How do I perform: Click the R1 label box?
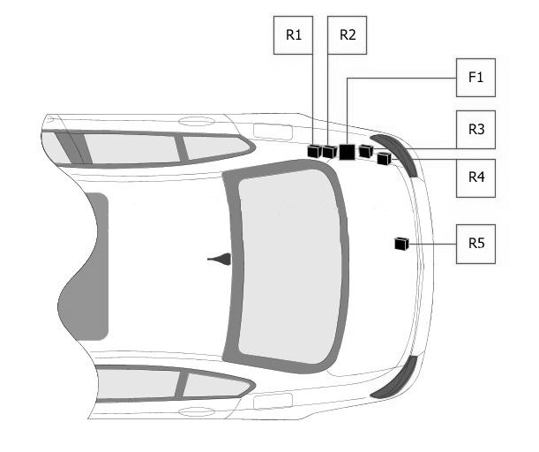point(293,35)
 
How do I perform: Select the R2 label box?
point(347,35)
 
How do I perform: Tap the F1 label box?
point(475,78)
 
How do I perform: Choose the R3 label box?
point(475,130)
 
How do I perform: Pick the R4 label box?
point(475,177)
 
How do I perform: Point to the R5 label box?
point(475,244)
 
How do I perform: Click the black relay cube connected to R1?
point(314,151)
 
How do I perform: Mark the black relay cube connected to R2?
point(329,151)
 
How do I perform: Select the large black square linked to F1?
point(347,152)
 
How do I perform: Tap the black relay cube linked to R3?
point(366,151)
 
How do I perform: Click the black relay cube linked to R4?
point(384,159)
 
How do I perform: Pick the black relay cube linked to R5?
point(401,244)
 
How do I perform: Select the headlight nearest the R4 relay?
point(395,154)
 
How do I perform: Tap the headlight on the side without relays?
point(394,378)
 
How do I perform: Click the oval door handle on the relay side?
point(197,122)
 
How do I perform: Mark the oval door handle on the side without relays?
point(197,411)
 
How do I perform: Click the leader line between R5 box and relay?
point(432,244)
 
